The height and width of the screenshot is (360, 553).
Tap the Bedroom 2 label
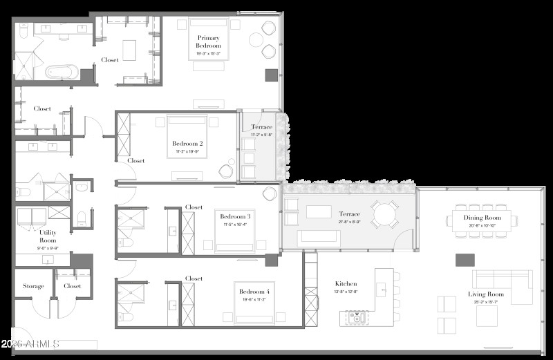(x=187, y=144)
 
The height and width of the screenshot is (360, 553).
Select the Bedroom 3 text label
(x=235, y=216)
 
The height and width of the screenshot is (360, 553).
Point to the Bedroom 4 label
(x=254, y=292)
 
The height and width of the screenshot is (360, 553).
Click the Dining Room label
(x=482, y=218)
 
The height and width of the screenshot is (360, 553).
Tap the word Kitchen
(x=346, y=283)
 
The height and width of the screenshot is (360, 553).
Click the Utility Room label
(x=48, y=236)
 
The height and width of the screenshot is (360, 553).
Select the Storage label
(x=33, y=286)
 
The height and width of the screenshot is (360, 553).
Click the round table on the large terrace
(x=384, y=214)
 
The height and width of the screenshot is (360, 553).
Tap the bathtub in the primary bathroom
(x=62, y=72)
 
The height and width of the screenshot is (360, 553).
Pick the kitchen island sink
(x=357, y=318)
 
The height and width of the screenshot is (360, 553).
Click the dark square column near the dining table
(x=465, y=260)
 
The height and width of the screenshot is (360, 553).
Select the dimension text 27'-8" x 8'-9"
(x=349, y=221)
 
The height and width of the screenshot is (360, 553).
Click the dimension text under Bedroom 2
(x=187, y=151)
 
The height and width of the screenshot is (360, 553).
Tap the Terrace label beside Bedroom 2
(x=261, y=127)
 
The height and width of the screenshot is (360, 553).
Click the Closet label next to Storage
(x=73, y=286)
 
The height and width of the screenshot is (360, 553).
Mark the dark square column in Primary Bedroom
(x=270, y=75)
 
